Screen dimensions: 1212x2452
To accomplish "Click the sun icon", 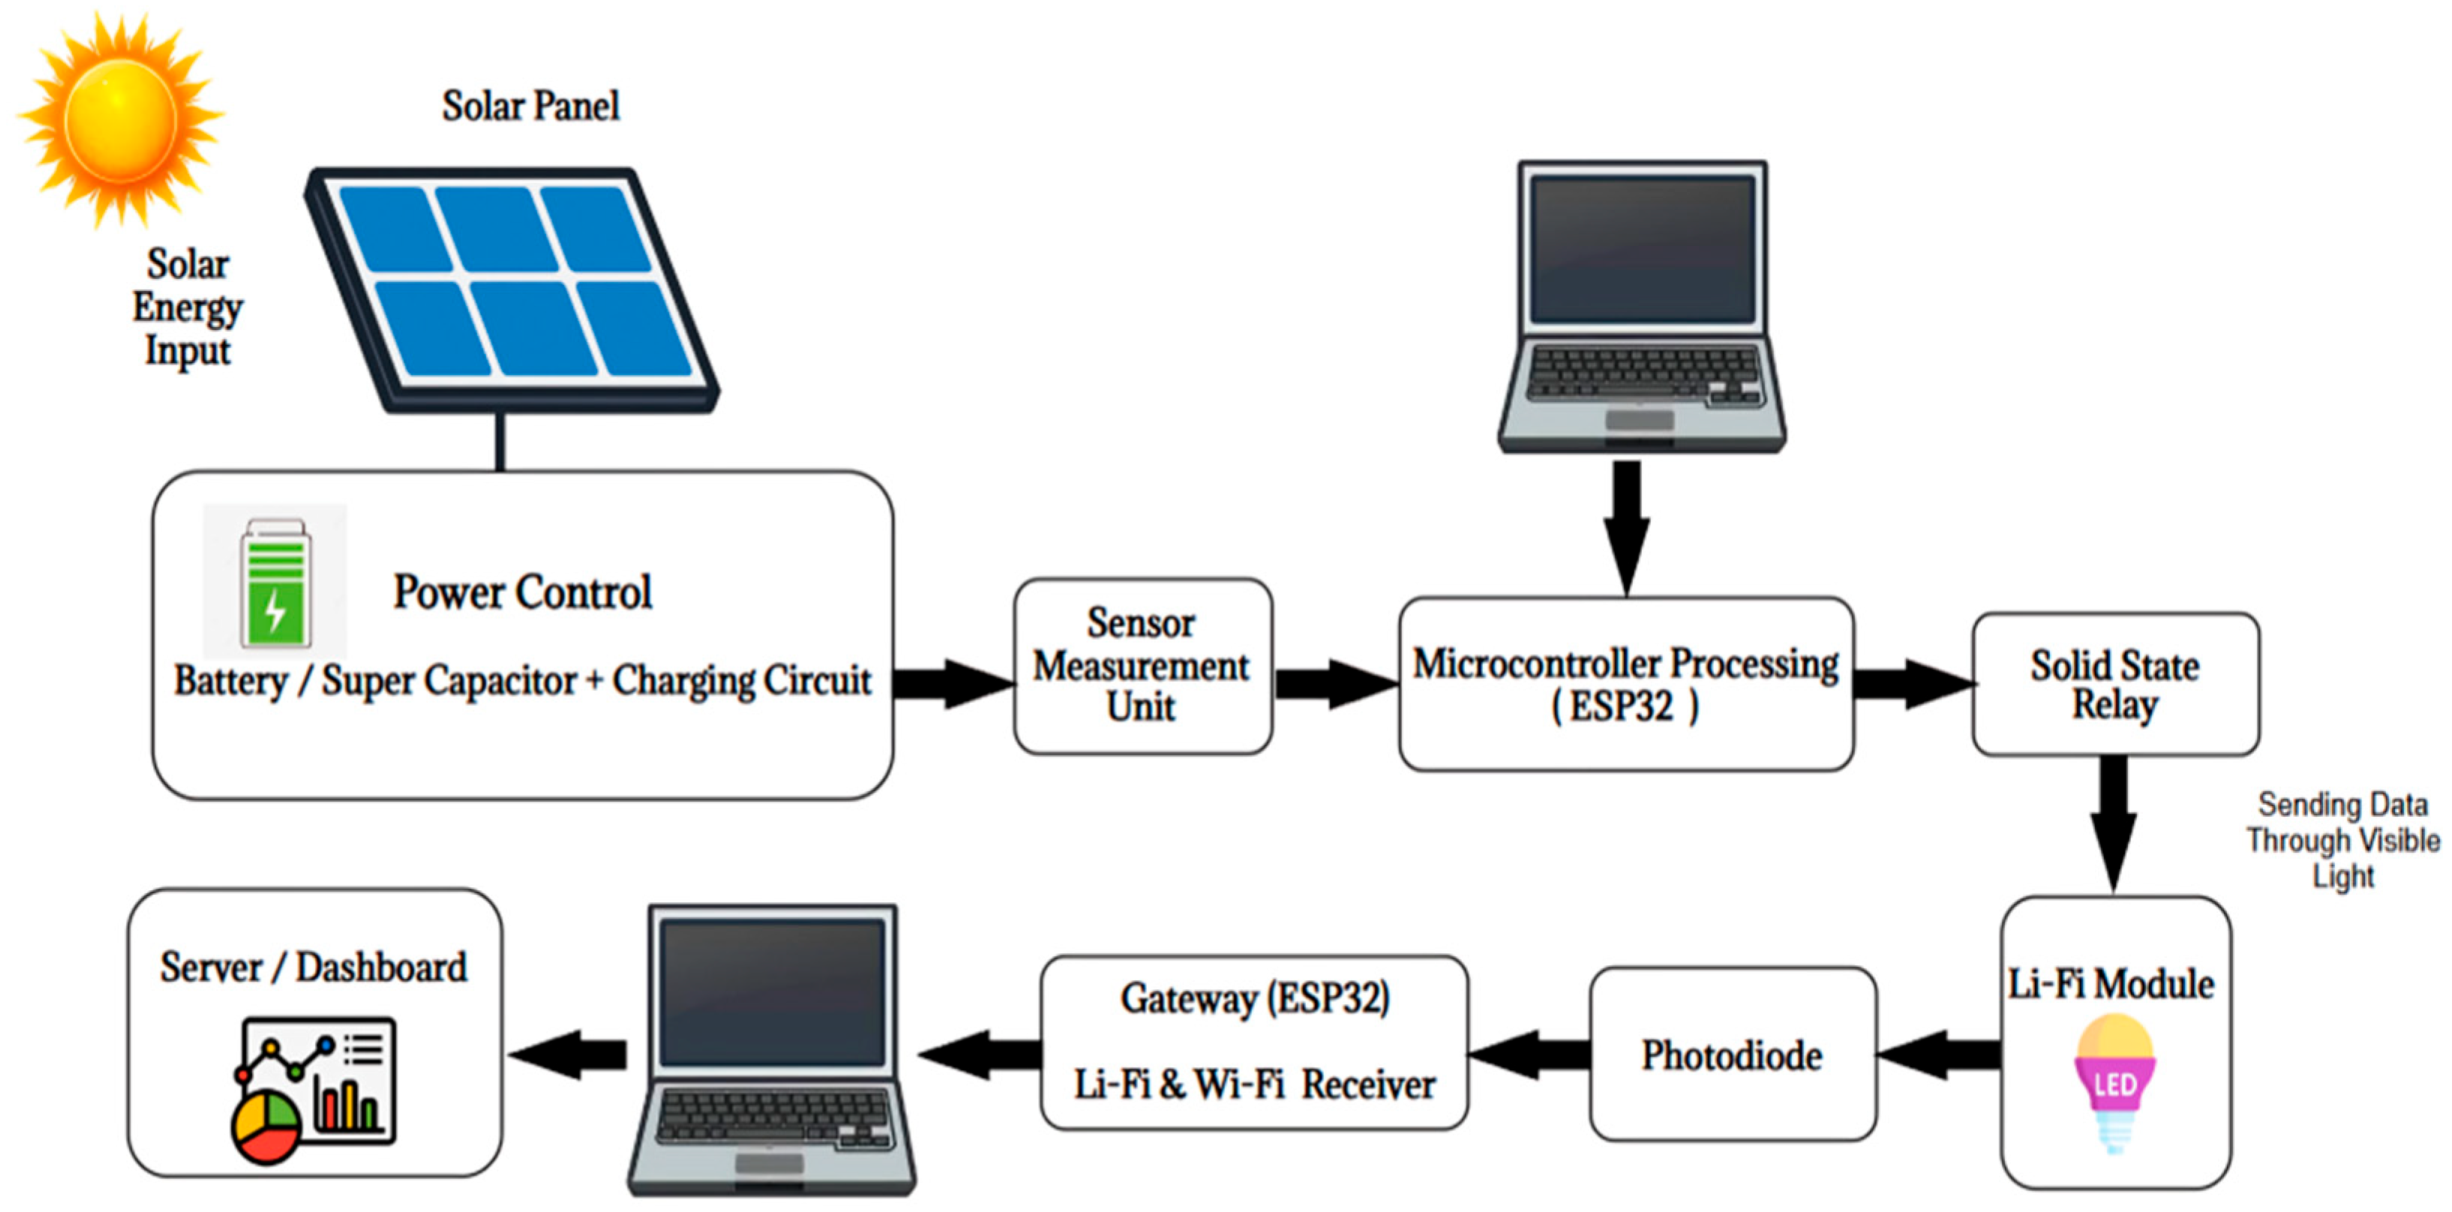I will click(x=121, y=119).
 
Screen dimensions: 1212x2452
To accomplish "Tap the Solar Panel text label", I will click(x=530, y=106).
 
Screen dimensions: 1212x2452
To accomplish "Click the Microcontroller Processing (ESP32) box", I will click(x=1625, y=682).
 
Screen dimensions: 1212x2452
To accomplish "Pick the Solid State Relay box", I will click(x=2115, y=683).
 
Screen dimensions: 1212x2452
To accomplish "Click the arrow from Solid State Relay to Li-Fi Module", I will click(x=2113, y=820).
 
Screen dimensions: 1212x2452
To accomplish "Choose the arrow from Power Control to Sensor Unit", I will click(x=952, y=682).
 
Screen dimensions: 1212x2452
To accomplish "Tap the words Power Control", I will click(x=523, y=592).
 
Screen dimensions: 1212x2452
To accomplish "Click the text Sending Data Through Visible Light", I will click(x=2342, y=840).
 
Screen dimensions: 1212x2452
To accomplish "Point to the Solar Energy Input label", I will click(x=188, y=307).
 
